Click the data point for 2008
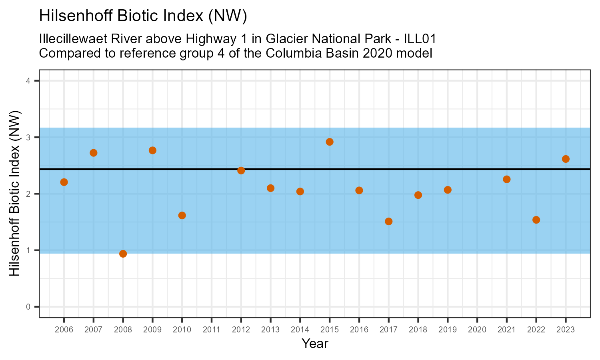123,254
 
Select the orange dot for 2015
330,142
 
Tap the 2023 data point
566,159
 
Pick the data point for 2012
241,170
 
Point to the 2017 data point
388,221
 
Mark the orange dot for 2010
182,215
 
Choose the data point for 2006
64,182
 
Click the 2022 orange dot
536,220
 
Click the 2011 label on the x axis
211,330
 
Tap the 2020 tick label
477,330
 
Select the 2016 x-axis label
359,330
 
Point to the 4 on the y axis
28,81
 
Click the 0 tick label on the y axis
28,307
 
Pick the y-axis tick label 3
28,137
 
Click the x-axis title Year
315,344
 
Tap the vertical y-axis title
15,194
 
